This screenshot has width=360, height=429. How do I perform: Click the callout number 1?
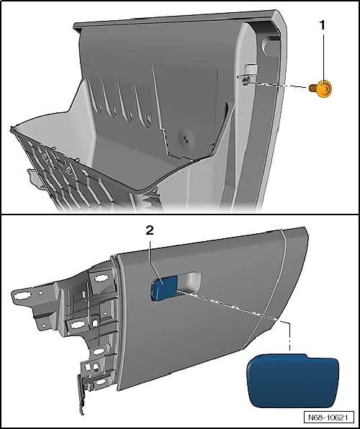click(x=323, y=25)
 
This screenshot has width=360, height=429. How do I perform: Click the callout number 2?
click(x=150, y=230)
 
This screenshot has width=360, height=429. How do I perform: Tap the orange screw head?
click(x=325, y=89)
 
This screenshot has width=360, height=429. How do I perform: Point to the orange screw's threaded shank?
click(x=313, y=88)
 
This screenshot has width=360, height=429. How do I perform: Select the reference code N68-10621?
click(x=328, y=417)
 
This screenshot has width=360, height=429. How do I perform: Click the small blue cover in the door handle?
click(x=163, y=287)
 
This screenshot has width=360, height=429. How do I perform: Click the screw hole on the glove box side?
click(x=246, y=81)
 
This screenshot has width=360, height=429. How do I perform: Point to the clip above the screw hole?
click(x=250, y=69)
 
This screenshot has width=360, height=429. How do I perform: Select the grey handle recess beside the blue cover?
click(x=189, y=281)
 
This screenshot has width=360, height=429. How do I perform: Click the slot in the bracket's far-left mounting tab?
click(x=21, y=296)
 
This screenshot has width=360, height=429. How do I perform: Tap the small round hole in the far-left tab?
click(x=40, y=292)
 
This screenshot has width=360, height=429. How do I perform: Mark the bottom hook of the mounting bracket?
click(x=81, y=394)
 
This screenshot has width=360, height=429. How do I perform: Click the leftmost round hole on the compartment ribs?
click(x=99, y=107)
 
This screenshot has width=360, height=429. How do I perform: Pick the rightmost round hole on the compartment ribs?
click(x=148, y=119)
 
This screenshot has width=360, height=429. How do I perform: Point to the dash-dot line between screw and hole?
click(x=278, y=85)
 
